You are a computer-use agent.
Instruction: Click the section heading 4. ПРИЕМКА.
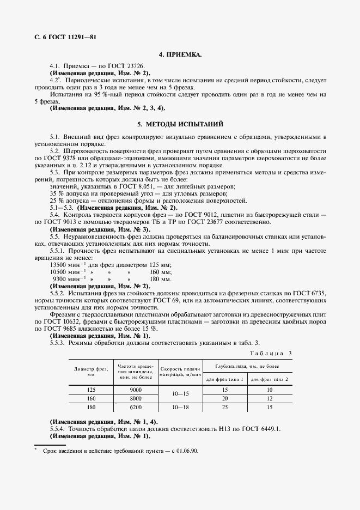click(x=180, y=55)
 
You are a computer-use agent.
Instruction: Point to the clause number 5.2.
click(x=55, y=150)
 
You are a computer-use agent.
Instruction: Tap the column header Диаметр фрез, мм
click(x=91, y=372)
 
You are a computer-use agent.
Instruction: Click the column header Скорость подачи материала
click(x=180, y=372)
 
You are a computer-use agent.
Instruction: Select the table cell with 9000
click(x=136, y=390)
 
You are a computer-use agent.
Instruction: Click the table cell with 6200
click(x=136, y=407)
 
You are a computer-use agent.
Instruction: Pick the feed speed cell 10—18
click(x=180, y=407)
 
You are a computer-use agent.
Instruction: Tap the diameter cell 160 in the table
click(x=91, y=399)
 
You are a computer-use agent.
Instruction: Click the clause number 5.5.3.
click(x=57, y=343)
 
